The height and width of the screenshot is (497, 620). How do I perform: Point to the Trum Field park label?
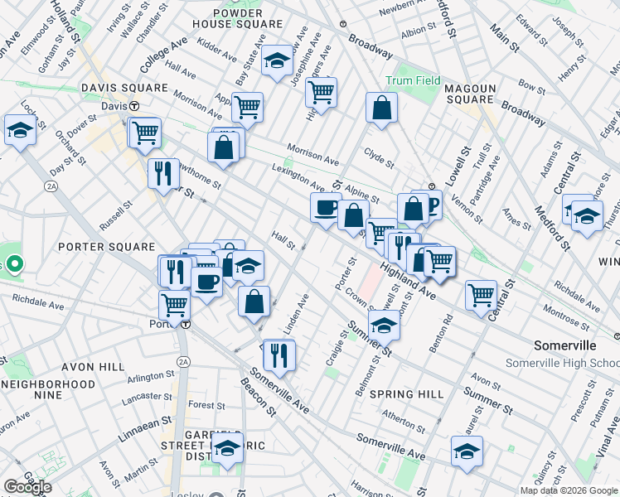[409, 81]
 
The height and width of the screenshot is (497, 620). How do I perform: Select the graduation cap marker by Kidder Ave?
[278, 60]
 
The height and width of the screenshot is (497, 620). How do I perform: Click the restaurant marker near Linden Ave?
[279, 355]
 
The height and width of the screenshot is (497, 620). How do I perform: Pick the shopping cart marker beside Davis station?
[145, 132]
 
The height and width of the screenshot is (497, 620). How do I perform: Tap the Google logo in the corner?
[27, 487]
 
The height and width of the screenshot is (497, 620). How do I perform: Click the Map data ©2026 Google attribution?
[569, 490]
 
